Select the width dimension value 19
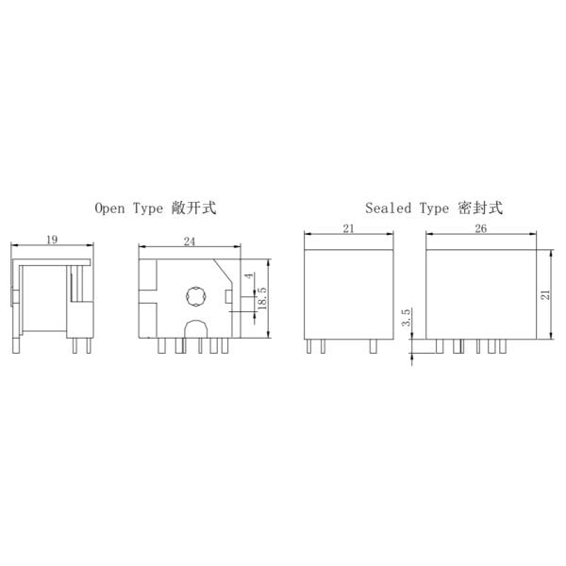tap(54, 241)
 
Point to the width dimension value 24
tap(189, 241)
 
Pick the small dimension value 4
tap(249, 275)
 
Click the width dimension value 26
tap(480, 229)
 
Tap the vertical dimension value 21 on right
tap(544, 294)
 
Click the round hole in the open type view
tap(194, 296)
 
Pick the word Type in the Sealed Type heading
tap(435, 208)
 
